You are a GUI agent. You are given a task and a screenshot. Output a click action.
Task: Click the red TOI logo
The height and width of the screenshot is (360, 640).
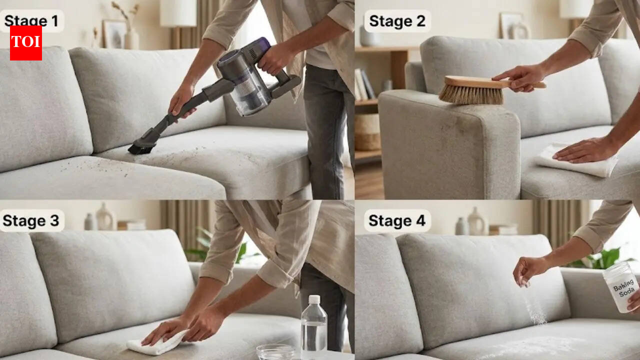26,43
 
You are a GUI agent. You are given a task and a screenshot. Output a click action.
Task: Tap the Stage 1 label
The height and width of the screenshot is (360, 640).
31,21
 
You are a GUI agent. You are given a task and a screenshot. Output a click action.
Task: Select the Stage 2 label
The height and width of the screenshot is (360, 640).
397,21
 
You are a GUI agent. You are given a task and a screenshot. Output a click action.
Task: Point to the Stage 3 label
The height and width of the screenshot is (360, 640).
31,220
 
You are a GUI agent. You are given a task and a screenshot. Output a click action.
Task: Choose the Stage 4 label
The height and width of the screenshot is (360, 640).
397,220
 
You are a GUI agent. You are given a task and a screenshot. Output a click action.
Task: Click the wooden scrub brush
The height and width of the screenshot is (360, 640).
472,89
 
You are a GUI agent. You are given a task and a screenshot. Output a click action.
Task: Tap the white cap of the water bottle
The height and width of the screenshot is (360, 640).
314,299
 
